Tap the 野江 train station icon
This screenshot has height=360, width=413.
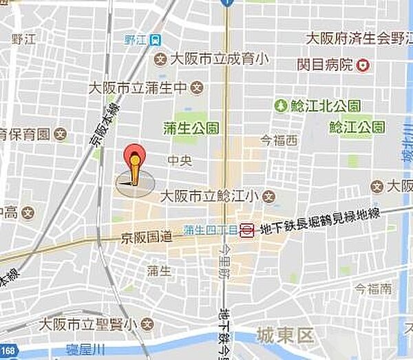158,40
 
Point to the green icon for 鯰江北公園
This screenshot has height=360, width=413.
280,106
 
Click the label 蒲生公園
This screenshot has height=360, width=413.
191,127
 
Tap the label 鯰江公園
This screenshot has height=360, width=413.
357,127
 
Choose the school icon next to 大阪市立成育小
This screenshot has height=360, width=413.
161,59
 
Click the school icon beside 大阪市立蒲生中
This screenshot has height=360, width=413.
198,87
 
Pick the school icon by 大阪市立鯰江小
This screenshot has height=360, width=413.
268,196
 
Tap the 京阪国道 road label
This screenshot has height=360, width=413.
146,238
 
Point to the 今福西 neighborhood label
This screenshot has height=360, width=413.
278,141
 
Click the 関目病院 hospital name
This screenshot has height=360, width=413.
325,65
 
